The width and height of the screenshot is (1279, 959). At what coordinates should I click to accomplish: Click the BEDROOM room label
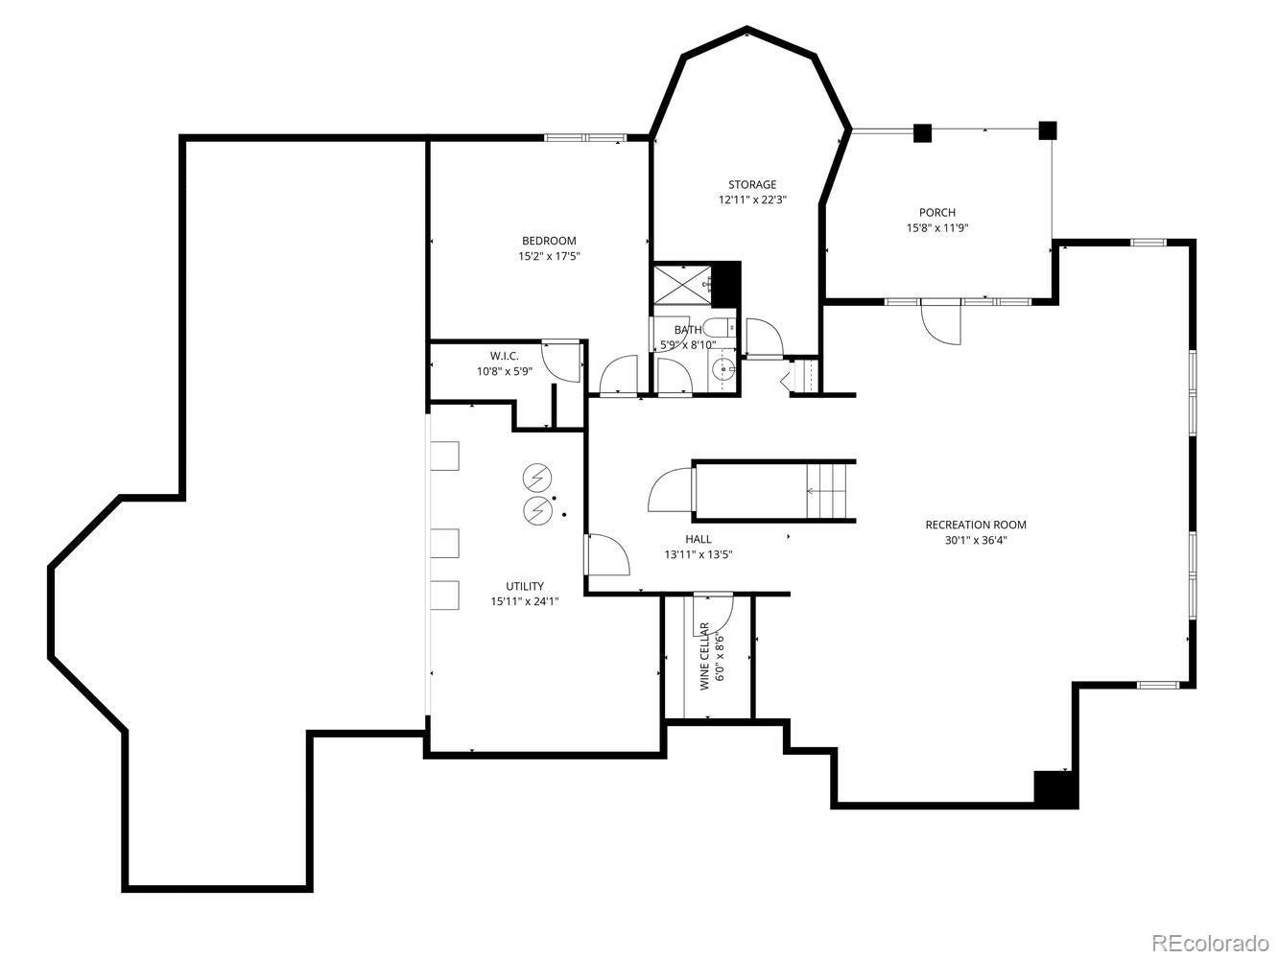[548, 241]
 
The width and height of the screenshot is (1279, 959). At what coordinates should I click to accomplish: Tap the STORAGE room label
[751, 184]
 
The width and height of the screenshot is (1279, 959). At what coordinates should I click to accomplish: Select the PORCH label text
[937, 213]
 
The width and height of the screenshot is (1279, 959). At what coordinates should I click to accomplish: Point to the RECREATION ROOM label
[976, 525]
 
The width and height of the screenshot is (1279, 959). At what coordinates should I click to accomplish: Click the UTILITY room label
[525, 586]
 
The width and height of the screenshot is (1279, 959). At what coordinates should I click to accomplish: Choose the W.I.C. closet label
[504, 356]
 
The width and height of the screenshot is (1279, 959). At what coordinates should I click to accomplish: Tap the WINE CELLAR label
[704, 656]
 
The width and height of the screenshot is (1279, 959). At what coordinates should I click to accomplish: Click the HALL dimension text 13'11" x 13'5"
[699, 554]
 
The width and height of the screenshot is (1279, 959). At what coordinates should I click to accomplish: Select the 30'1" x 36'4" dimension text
[976, 540]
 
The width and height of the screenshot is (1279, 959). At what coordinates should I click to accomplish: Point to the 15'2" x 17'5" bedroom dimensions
[549, 256]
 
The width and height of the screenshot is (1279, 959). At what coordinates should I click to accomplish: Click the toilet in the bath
[720, 328]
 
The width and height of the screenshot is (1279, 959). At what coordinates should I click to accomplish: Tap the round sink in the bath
[724, 368]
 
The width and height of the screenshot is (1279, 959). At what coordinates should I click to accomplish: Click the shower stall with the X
[682, 284]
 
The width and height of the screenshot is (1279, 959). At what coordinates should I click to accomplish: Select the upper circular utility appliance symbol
[536, 476]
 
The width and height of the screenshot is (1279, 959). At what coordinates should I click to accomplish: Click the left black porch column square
[922, 133]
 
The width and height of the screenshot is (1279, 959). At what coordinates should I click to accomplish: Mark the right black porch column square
[1048, 130]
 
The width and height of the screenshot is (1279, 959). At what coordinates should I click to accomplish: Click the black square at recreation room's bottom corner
[1055, 789]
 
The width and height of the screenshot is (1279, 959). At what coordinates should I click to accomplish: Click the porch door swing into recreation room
[940, 323]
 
